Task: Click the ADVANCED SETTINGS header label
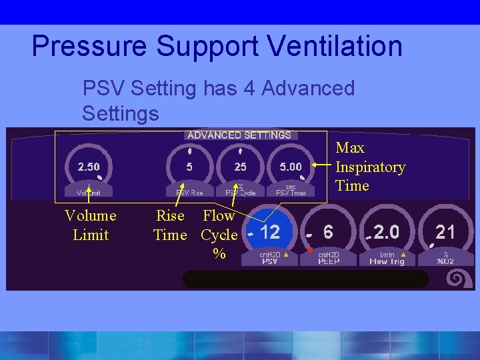pyautogui.click(x=239, y=135)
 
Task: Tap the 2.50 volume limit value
pyautogui.click(x=89, y=166)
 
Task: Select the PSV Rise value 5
pyautogui.click(x=189, y=166)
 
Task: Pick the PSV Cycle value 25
pyautogui.click(x=240, y=166)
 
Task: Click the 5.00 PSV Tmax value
pyautogui.click(x=291, y=166)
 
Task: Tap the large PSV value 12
pyautogui.click(x=270, y=232)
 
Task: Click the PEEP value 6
pyautogui.click(x=328, y=232)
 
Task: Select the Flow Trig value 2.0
pyautogui.click(x=387, y=232)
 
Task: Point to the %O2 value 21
pyautogui.click(x=445, y=232)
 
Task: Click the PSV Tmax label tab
pyautogui.click(x=291, y=192)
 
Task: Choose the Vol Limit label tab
pyautogui.click(x=89, y=192)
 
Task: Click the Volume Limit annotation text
pyautogui.click(x=90, y=225)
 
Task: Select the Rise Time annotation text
pyautogui.click(x=170, y=225)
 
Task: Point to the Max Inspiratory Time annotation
pyautogui.click(x=370, y=167)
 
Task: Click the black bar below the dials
pyautogui.click(x=305, y=279)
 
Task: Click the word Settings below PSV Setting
pyautogui.click(x=121, y=113)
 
